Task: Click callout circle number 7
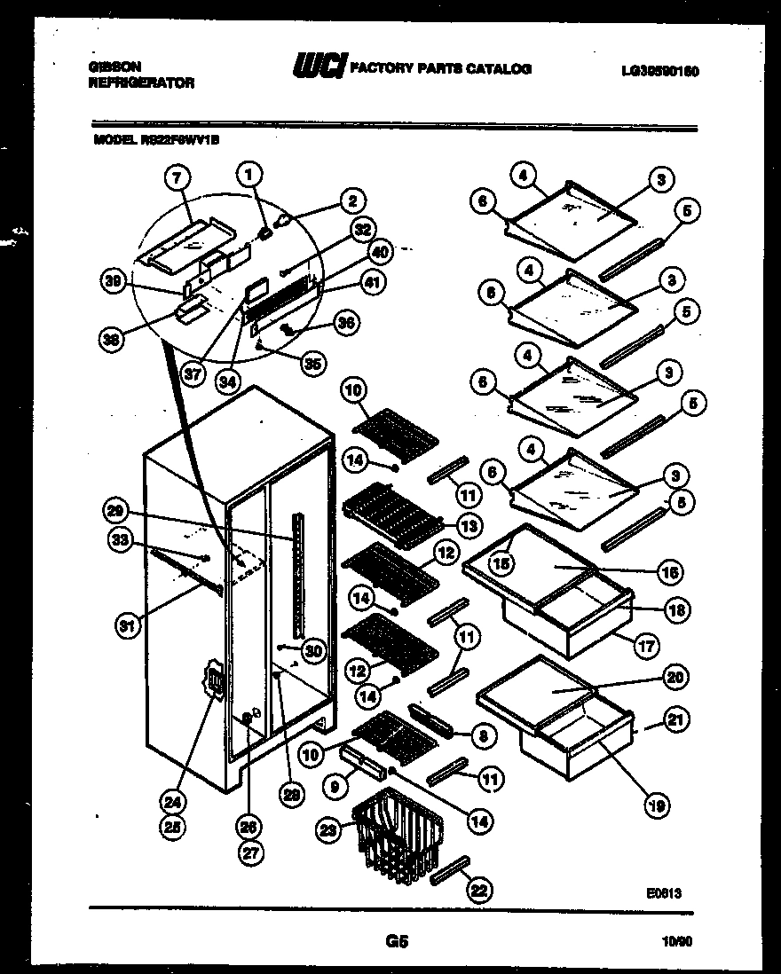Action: (178, 179)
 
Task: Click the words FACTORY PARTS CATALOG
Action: (441, 68)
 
